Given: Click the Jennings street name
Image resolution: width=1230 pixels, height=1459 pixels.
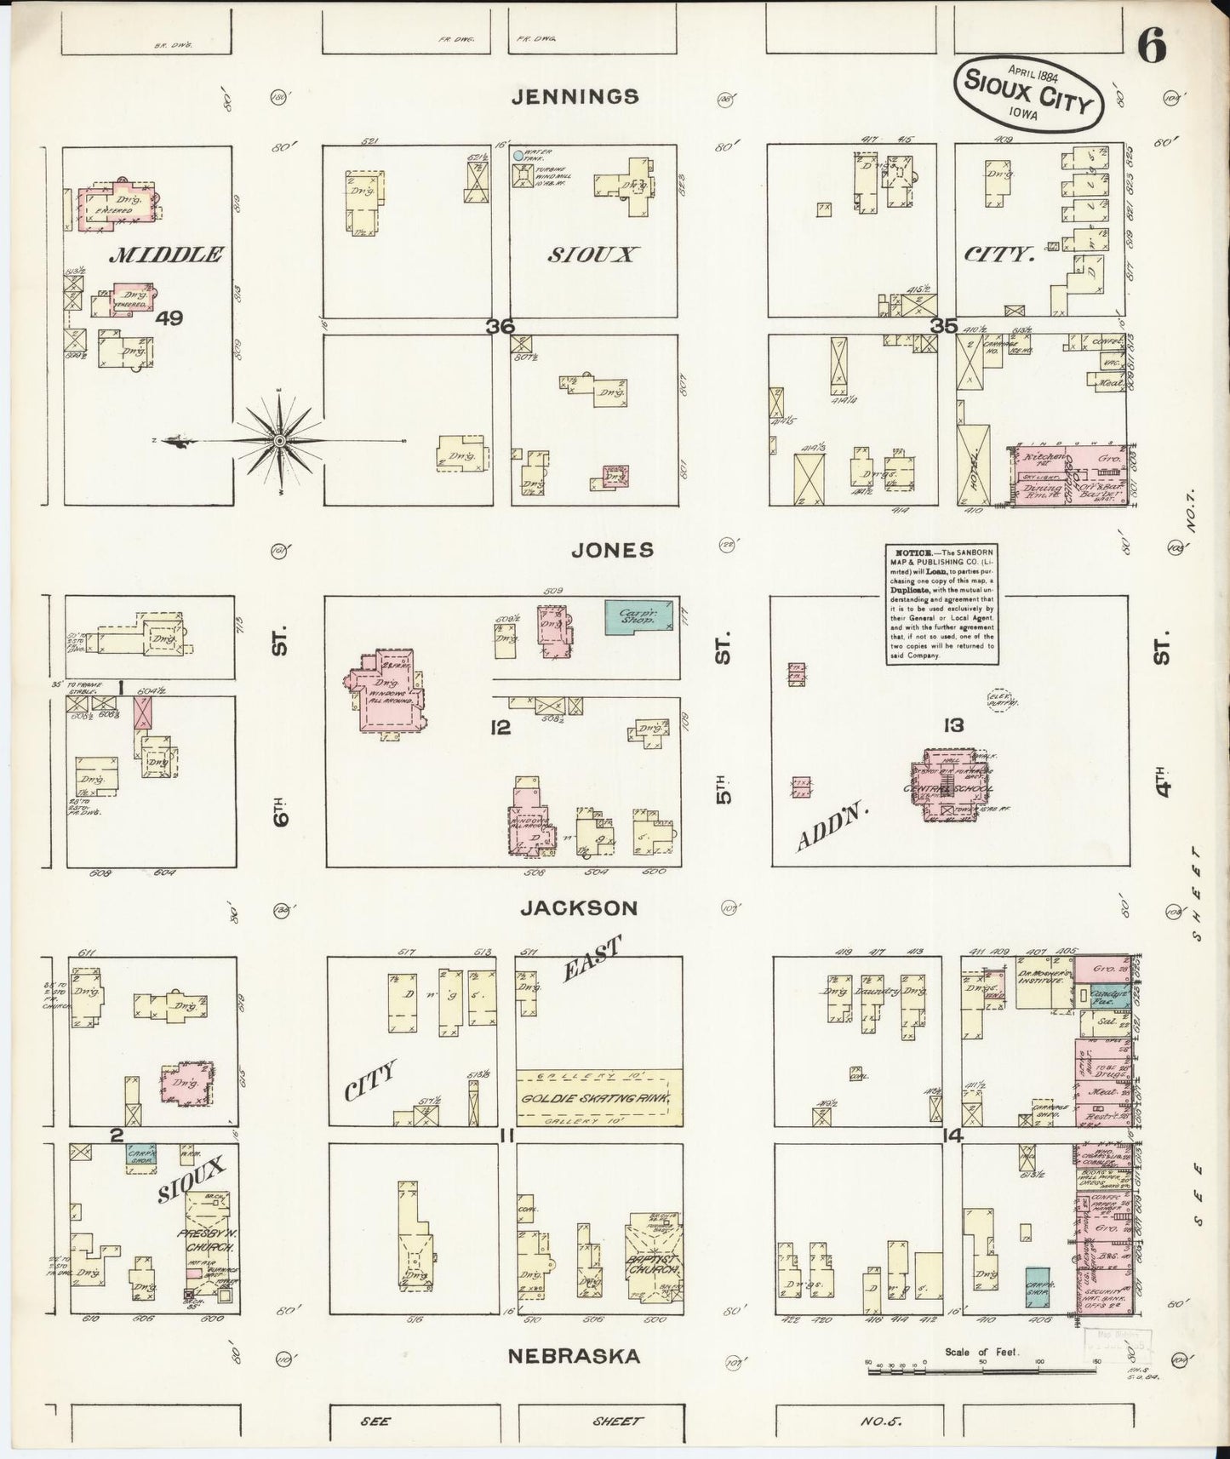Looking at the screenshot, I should [x=575, y=96].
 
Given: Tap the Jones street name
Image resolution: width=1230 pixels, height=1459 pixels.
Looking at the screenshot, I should [x=613, y=550].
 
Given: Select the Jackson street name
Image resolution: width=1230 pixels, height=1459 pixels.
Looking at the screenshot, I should [x=579, y=908].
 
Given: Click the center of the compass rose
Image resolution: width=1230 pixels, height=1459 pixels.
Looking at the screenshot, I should [x=278, y=440].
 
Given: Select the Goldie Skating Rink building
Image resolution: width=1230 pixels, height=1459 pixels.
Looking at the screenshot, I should [x=600, y=1098].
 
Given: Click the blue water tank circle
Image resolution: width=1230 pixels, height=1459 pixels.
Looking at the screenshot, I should [x=518, y=156].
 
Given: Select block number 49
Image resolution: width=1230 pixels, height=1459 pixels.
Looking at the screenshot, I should [x=170, y=318].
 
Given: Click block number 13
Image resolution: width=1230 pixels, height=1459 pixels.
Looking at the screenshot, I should [x=953, y=725].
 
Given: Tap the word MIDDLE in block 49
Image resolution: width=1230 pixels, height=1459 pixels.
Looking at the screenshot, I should [x=167, y=254].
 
